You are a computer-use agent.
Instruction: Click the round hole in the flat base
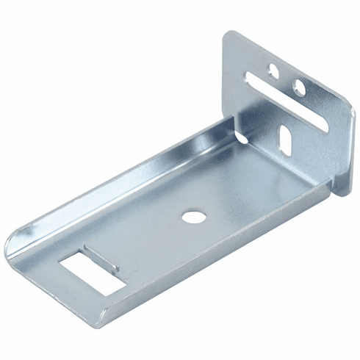(193, 217)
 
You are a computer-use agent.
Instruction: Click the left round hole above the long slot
(273, 71)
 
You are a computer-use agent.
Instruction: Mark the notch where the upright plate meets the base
(240, 136)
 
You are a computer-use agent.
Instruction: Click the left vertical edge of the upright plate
(225, 81)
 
